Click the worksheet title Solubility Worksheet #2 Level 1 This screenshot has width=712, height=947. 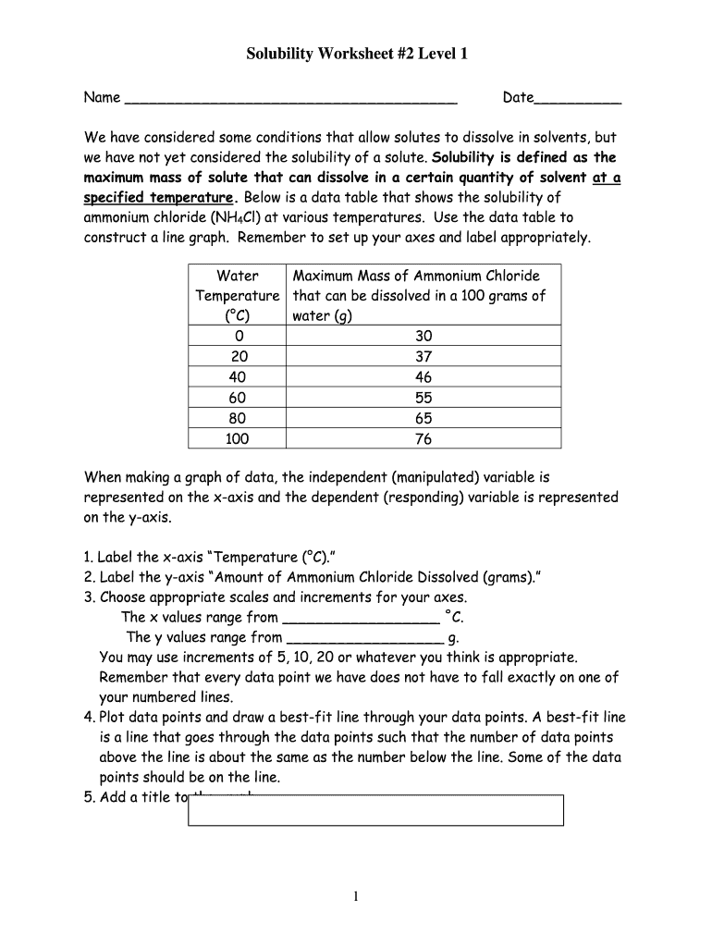pyautogui.click(x=356, y=55)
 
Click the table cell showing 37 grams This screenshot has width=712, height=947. pyautogui.click(x=423, y=357)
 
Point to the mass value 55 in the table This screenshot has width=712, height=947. pyautogui.click(x=423, y=398)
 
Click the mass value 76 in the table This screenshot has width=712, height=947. pyautogui.click(x=423, y=439)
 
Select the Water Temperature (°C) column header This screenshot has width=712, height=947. pyautogui.click(x=237, y=295)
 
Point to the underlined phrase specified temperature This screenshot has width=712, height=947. pyautogui.click(x=158, y=198)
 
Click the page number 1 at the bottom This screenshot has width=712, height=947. pyautogui.click(x=356, y=896)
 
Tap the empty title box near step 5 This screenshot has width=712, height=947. pyautogui.click(x=375, y=810)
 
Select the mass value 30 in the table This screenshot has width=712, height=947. pyautogui.click(x=423, y=337)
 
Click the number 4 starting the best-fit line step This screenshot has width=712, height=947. pyautogui.click(x=88, y=718)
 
